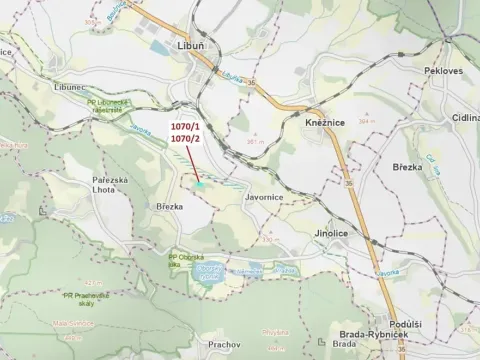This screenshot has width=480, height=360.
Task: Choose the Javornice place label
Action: (264, 198)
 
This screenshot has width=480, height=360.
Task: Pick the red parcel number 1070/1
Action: (185, 127)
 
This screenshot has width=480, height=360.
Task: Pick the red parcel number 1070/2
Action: (185, 139)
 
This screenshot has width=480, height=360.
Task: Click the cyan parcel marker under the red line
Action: (201, 183)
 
